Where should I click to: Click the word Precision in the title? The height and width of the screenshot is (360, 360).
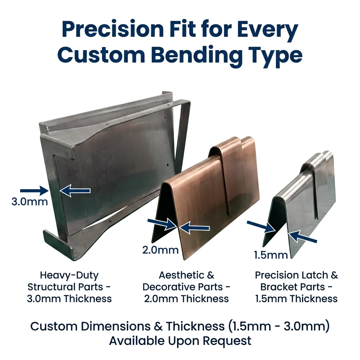click(113, 29)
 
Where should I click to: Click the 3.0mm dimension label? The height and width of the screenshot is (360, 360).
click(30, 202)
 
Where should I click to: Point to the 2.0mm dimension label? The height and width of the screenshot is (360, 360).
click(160, 250)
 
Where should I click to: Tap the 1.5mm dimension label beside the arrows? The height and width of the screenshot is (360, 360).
click(271, 255)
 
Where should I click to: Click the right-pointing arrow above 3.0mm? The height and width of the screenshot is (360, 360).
click(34, 191)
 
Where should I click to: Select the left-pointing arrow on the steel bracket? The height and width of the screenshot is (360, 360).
click(75, 191)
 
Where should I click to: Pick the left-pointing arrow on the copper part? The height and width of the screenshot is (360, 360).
click(194, 228)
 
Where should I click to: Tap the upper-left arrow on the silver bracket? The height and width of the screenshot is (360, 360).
click(261, 226)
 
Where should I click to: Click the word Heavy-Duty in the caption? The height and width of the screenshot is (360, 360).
click(69, 275)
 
